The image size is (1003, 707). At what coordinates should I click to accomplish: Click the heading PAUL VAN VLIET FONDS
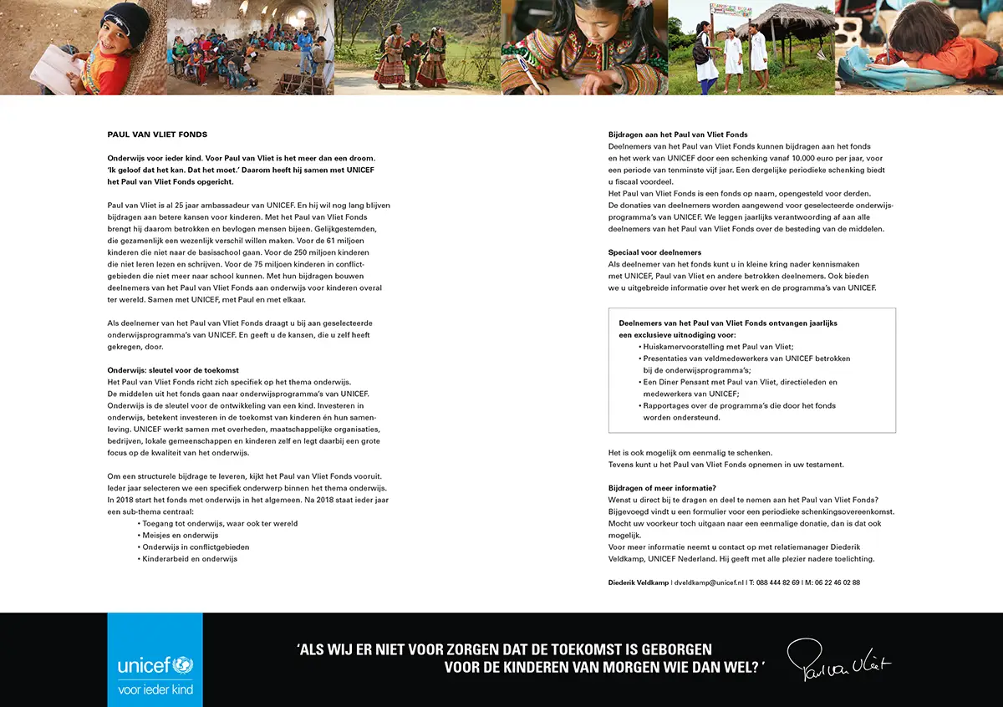pyautogui.click(x=157, y=135)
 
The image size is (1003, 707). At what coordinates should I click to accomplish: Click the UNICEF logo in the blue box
pyautogui.click(x=155, y=666)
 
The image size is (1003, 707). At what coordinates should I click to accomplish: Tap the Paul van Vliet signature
pyautogui.click(x=838, y=662)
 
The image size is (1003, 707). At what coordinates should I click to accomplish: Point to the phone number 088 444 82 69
pyautogui.click(x=778, y=582)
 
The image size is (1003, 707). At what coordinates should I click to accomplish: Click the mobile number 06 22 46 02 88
pyautogui.click(x=836, y=582)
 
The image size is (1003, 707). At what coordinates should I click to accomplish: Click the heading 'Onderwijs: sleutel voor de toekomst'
pyautogui.click(x=173, y=370)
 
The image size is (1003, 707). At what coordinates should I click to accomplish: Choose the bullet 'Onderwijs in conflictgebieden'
pyautogui.click(x=196, y=547)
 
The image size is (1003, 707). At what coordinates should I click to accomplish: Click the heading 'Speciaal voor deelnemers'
pyautogui.click(x=654, y=252)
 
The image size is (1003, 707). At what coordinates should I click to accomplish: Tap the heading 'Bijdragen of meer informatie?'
pyautogui.click(x=662, y=488)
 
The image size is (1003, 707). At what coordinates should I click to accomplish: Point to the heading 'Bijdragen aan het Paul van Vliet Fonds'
pyautogui.click(x=678, y=135)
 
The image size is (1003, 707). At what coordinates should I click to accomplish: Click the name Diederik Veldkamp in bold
pyautogui.click(x=639, y=582)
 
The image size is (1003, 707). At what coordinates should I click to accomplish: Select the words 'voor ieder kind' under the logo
pyautogui.click(x=155, y=689)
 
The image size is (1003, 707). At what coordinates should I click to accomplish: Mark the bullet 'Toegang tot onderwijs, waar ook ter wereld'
pyautogui.click(x=220, y=523)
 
